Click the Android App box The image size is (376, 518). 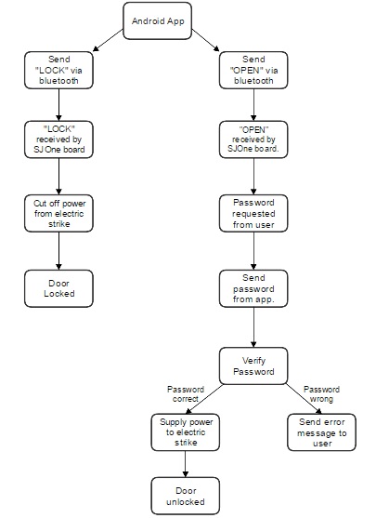[x=157, y=20]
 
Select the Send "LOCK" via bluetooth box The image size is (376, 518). [x=58, y=70]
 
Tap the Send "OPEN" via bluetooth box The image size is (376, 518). [x=253, y=70]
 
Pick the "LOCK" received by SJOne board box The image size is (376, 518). [x=58, y=139]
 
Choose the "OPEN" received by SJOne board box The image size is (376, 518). [x=253, y=139]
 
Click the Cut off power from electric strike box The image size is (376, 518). [x=58, y=213]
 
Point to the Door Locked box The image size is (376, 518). [x=58, y=288]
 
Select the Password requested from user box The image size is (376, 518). [x=253, y=213]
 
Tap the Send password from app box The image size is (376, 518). [x=253, y=288]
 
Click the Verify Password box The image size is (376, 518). [x=253, y=365]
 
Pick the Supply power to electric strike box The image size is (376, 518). [x=186, y=432]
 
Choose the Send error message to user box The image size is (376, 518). [x=321, y=432]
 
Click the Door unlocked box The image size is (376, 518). [x=186, y=496]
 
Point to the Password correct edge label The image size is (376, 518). [x=186, y=394]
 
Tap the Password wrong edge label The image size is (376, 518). [x=321, y=394]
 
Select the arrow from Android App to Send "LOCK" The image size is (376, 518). [x=108, y=40]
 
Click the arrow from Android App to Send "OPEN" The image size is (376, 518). [x=205, y=40]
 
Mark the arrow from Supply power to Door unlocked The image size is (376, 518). [x=185, y=464]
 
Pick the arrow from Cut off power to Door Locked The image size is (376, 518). [x=58, y=251]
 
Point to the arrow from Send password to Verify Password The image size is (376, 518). [x=253, y=327]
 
